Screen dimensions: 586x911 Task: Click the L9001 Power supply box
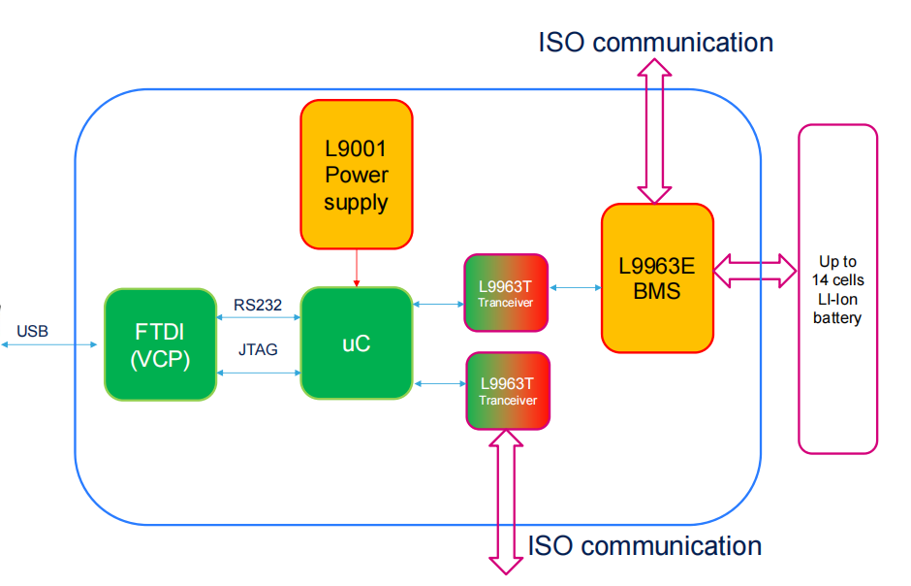click(x=357, y=175)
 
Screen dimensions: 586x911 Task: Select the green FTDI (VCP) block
click(x=160, y=344)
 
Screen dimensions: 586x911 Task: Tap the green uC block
click(x=357, y=343)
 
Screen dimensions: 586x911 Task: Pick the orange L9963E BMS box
click(x=657, y=277)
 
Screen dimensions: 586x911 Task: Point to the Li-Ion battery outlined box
click(x=837, y=288)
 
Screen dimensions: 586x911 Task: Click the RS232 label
click(x=258, y=306)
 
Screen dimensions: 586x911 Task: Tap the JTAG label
click(x=257, y=349)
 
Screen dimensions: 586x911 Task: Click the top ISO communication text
click(x=656, y=43)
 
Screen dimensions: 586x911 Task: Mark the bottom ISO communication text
click(x=644, y=545)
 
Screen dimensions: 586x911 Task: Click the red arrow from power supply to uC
click(x=357, y=268)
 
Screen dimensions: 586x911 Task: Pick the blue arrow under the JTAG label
click(x=258, y=373)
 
